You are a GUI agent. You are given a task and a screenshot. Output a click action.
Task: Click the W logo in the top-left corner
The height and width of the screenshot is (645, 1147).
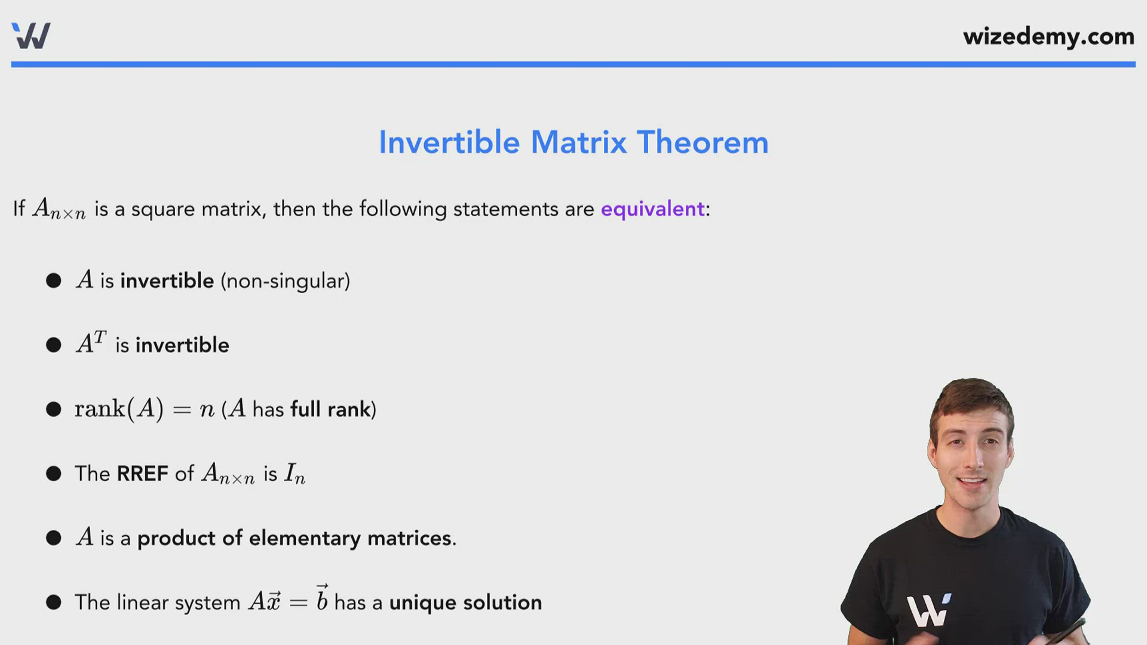tap(31, 36)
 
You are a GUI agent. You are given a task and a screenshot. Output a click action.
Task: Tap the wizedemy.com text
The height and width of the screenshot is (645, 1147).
tap(1048, 37)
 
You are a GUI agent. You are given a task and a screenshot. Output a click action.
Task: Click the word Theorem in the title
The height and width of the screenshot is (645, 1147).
tap(703, 143)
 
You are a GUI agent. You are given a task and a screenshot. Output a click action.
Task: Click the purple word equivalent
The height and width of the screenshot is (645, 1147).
tap(653, 209)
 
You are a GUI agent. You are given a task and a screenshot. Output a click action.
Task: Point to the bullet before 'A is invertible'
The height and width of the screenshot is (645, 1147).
tap(54, 281)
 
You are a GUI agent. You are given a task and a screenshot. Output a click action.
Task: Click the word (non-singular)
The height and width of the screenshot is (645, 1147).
tap(286, 281)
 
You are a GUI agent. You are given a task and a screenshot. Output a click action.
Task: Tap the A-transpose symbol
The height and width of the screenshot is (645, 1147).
tap(91, 343)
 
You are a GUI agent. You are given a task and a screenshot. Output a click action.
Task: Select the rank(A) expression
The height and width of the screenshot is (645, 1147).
tap(119, 409)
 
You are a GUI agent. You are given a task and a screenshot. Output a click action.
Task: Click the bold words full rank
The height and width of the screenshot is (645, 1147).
tap(330, 410)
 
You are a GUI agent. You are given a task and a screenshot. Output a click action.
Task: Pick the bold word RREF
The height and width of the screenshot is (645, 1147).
tap(143, 474)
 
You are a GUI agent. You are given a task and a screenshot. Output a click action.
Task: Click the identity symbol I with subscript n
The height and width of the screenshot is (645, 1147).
tap(295, 474)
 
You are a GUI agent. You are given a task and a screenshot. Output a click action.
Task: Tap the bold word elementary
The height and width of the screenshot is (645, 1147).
tap(305, 539)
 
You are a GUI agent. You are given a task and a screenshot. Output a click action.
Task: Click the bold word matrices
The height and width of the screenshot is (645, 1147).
tap(410, 539)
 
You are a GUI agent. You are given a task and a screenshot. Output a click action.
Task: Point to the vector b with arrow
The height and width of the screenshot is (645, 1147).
tap(322, 597)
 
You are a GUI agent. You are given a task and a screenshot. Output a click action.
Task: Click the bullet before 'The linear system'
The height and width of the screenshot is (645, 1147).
tap(54, 602)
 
